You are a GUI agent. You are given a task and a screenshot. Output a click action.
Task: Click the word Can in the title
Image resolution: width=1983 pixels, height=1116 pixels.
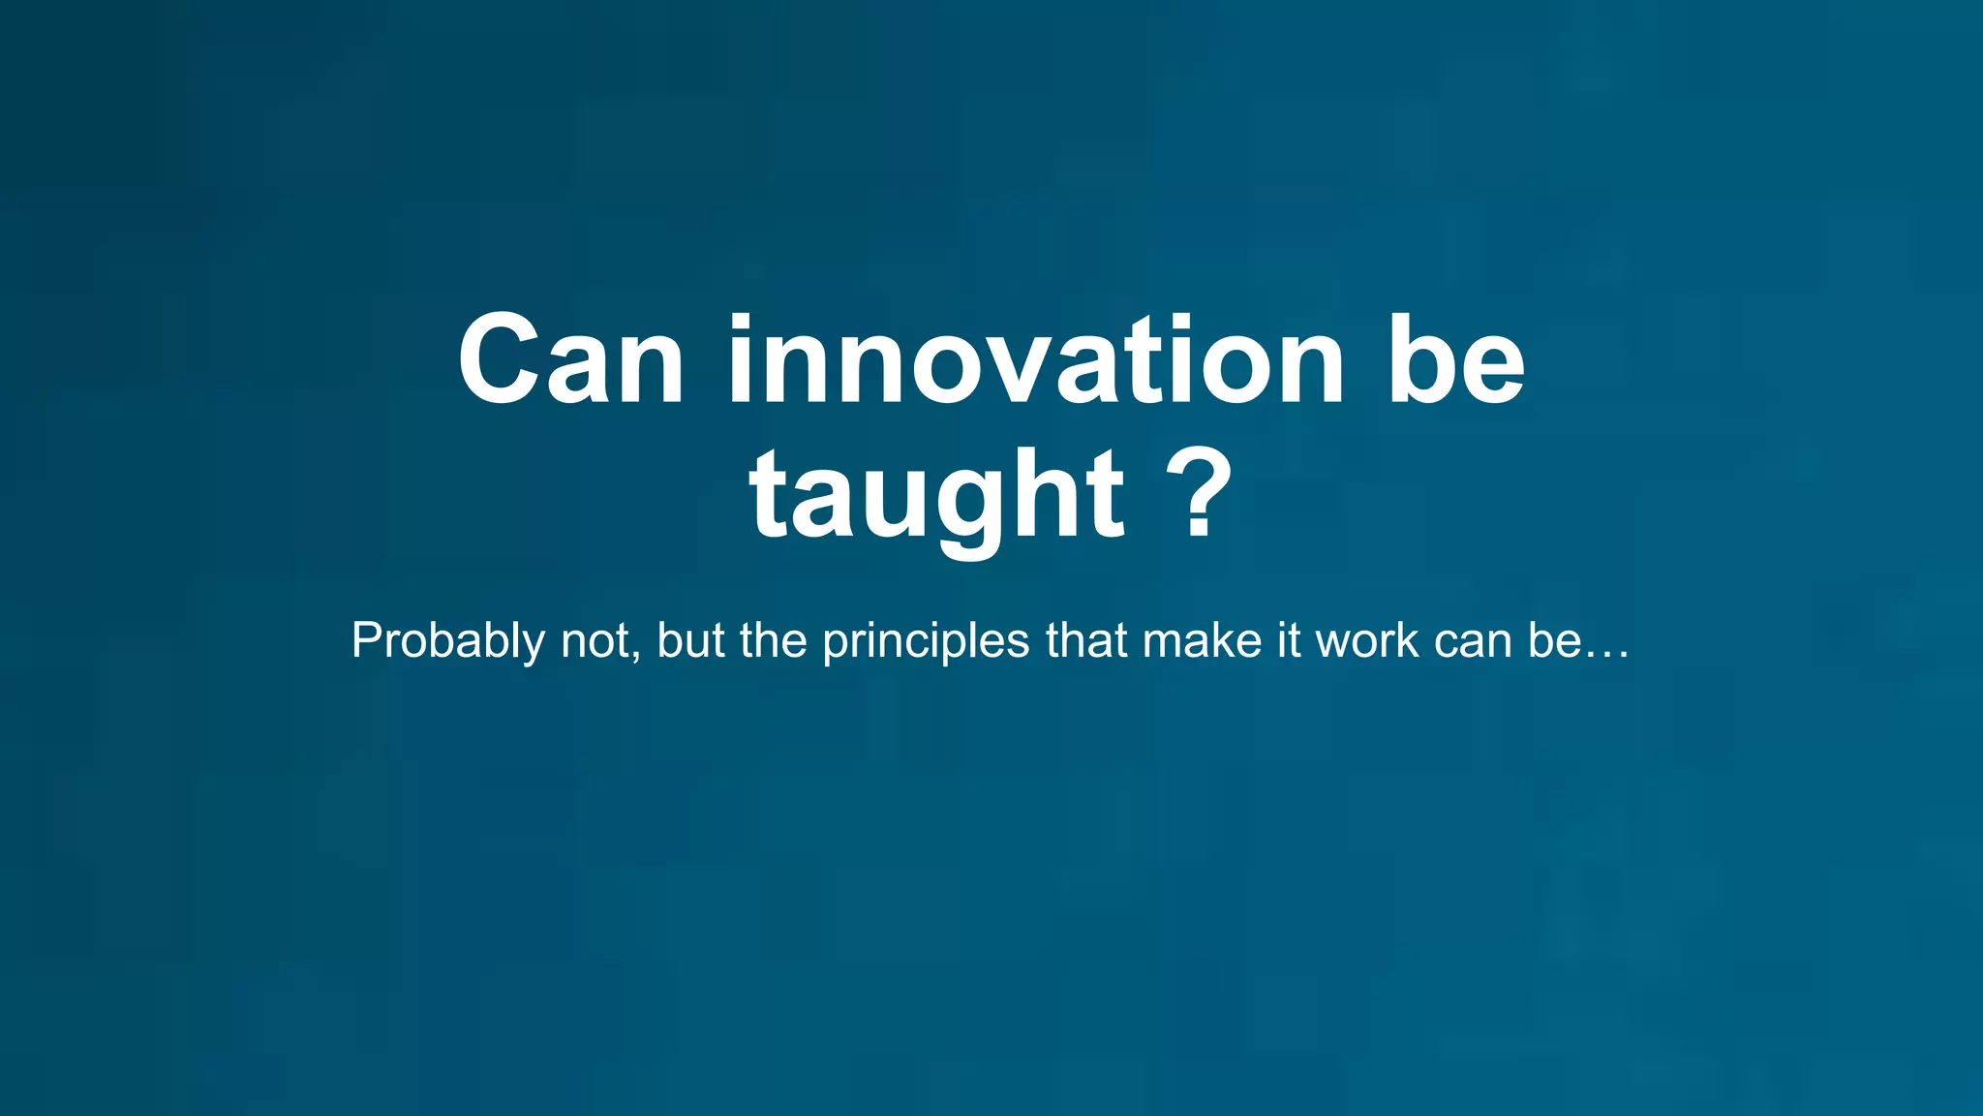point(571,360)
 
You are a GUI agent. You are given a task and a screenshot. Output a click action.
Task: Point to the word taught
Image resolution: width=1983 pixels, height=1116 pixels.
point(935,496)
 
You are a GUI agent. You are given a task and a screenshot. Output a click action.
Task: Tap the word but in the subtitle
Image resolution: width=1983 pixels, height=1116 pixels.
point(690,641)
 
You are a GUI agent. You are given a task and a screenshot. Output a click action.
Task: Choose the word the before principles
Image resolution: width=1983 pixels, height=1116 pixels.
point(774,641)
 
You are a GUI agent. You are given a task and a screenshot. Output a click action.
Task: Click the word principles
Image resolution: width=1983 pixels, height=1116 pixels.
point(926,641)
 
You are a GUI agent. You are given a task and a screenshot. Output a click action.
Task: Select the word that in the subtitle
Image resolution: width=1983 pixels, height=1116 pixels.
point(1085,641)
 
